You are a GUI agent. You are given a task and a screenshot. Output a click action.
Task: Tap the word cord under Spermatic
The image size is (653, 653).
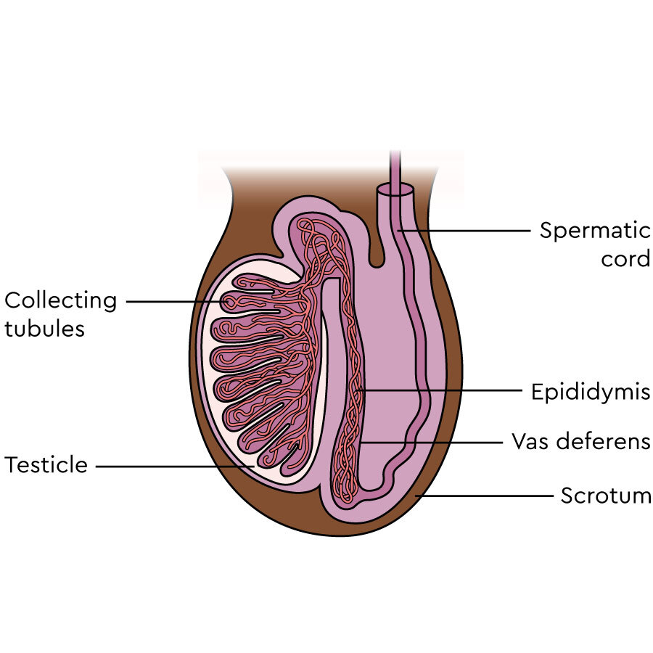(x=625, y=259)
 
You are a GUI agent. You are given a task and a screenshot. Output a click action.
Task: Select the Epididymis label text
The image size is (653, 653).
(x=590, y=393)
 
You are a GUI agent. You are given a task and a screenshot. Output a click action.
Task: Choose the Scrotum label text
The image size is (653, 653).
(x=606, y=496)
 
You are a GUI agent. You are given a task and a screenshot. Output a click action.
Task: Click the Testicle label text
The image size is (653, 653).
(x=46, y=465)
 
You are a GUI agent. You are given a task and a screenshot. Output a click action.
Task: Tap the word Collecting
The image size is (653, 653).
(x=61, y=300)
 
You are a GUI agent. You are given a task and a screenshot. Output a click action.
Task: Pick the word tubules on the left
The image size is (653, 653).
(x=44, y=328)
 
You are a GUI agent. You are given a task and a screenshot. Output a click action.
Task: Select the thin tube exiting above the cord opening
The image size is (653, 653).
(x=395, y=163)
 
